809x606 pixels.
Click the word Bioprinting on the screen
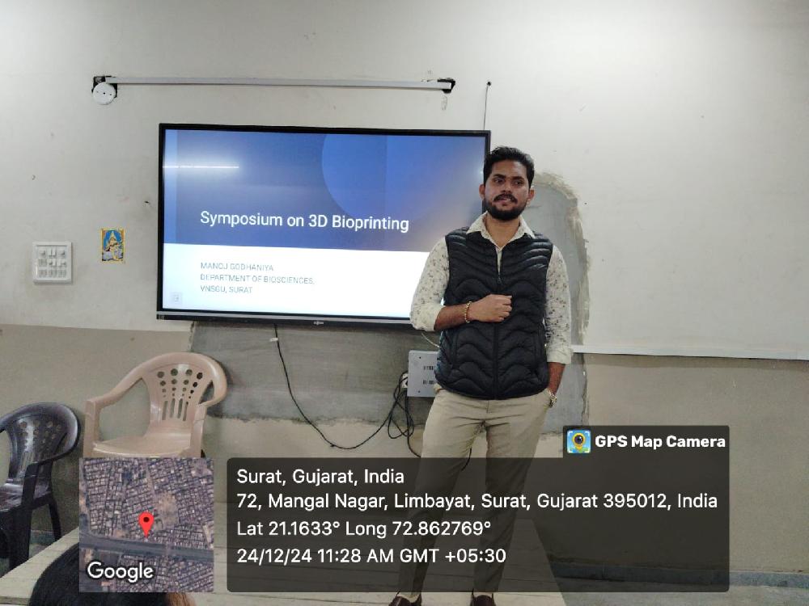click(368, 221)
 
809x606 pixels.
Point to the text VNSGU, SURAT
click(227, 289)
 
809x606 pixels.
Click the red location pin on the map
click(146, 523)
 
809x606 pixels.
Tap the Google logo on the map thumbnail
click(120, 571)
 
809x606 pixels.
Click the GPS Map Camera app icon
click(578, 441)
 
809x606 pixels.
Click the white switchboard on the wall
click(52, 261)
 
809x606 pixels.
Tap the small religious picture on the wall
click(112, 245)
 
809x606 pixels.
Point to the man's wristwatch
click(552, 398)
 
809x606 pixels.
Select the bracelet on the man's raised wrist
click(468, 311)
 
